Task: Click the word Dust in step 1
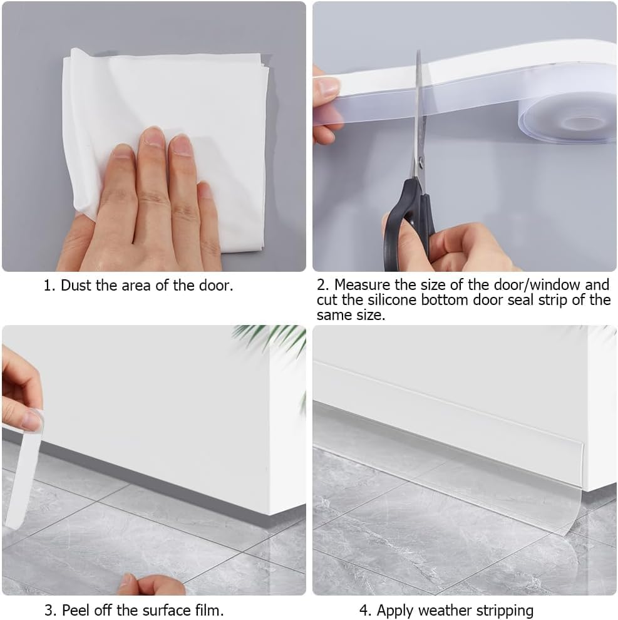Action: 75,286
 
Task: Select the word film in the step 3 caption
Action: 211,610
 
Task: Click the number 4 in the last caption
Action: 363,610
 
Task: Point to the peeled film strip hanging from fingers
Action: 22,476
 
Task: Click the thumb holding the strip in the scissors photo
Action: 326,87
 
